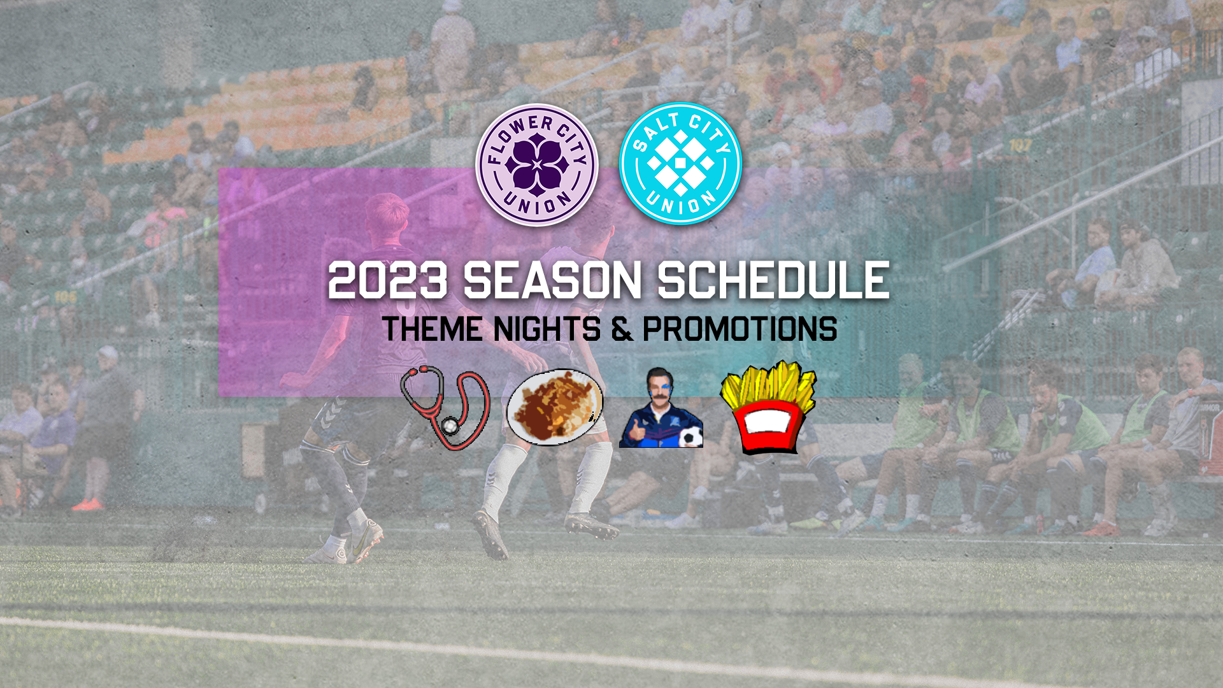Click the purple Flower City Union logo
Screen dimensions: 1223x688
coord(537,165)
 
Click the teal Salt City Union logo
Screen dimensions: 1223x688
coord(681,164)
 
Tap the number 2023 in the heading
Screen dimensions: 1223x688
coord(388,280)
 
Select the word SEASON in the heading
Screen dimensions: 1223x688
coord(552,280)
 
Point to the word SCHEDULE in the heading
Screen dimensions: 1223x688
coord(773,280)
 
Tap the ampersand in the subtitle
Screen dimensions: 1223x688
coord(622,329)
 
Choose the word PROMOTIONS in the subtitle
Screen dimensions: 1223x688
coord(740,329)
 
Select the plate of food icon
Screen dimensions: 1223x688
coord(555,407)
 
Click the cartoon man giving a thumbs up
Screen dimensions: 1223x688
coord(661,408)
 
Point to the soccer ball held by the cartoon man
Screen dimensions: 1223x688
coord(690,438)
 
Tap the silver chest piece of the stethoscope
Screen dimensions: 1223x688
coord(450,425)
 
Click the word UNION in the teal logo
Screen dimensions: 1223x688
coord(681,204)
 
